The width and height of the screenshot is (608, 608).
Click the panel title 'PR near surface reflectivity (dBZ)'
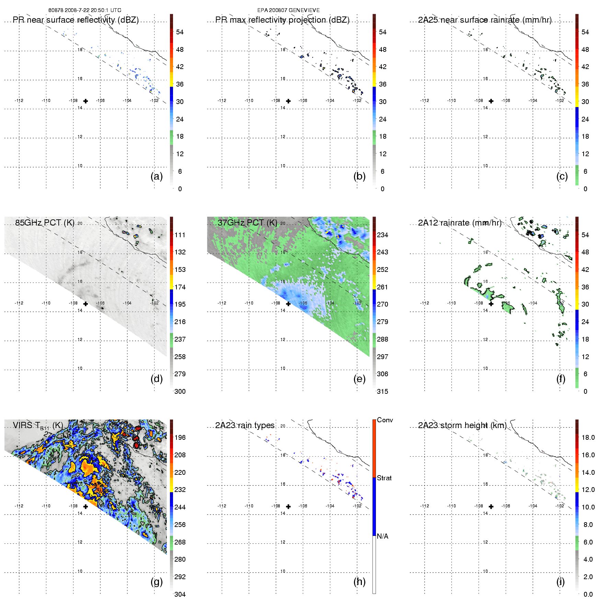[76, 20]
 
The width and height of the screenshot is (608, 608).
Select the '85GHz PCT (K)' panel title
[45, 223]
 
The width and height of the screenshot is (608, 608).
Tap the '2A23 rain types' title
[245, 425]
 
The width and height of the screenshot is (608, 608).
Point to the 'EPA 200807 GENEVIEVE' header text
[288, 10]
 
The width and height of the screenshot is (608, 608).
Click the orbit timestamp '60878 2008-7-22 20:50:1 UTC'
[85, 10]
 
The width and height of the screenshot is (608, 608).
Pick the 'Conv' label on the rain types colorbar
[385, 420]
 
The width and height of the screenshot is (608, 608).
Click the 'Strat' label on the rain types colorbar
[384, 478]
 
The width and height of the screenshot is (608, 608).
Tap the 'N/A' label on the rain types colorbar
[382, 536]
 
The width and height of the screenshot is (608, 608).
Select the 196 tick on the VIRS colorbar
[180, 438]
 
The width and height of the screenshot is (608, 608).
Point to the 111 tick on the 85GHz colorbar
[180, 235]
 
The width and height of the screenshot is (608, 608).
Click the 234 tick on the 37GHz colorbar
[382, 235]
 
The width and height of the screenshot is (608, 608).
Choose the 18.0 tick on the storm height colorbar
[588, 438]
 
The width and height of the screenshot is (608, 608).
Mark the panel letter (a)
[157, 176]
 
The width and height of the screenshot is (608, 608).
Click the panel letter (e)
[359, 379]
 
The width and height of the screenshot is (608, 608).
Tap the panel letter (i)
[560, 582]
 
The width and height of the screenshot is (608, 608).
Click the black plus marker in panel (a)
[85, 101]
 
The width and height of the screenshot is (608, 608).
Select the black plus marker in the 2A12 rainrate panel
[491, 304]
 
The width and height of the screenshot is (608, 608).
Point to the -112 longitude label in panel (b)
[222, 101]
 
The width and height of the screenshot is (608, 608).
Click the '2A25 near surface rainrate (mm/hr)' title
[484, 20]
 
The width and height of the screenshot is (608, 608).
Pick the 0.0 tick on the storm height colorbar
[588, 594]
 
